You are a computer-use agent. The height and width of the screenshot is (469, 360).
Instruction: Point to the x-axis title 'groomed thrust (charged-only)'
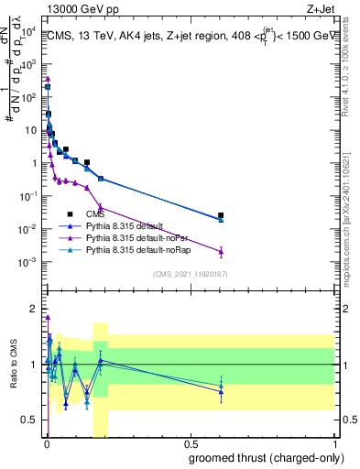pyautogui.click(x=266, y=457)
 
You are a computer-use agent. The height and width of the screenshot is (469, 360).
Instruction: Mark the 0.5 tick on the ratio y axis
pyautogui.click(x=31, y=420)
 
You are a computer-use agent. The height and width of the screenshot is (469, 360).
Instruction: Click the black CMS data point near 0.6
pyautogui.click(x=221, y=215)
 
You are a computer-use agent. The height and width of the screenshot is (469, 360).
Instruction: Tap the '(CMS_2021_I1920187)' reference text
pyautogui.click(x=190, y=274)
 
